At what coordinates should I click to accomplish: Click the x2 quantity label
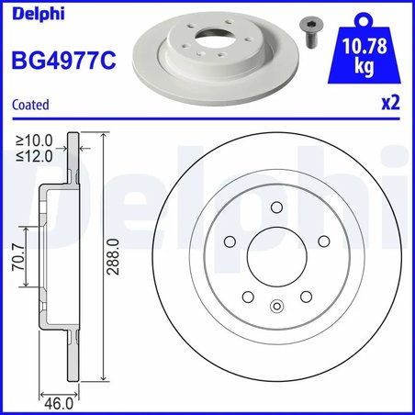(392, 105)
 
